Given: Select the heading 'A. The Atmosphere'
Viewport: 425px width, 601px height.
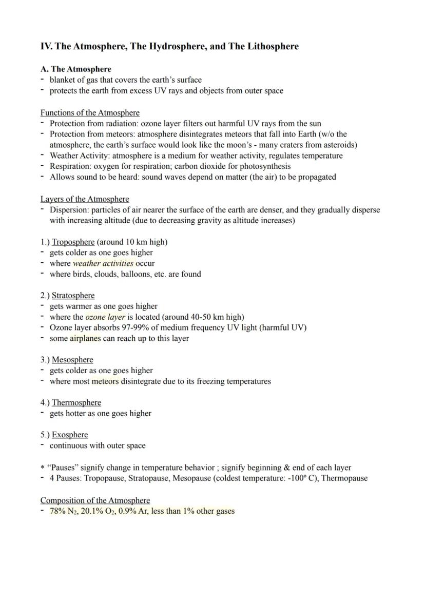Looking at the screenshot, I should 76,69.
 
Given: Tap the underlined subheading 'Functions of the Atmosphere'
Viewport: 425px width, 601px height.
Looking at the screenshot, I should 90,112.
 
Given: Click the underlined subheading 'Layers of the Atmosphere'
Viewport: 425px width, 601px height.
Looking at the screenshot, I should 85,199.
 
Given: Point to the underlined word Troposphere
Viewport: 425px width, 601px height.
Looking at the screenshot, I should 73,242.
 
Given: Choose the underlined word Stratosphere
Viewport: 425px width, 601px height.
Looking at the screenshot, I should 73,296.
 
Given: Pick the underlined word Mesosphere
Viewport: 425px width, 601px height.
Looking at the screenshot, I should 72,360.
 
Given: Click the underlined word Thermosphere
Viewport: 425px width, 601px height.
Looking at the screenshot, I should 76,402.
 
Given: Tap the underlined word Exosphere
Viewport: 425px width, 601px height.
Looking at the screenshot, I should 70,435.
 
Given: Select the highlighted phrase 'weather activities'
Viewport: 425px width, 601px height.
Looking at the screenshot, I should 103,263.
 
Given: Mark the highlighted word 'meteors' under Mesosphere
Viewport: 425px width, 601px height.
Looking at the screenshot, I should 105,381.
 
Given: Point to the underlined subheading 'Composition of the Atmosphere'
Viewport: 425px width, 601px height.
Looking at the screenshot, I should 95,500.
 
